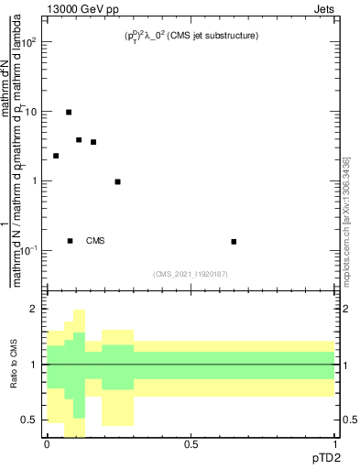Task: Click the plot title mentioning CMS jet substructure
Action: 192,36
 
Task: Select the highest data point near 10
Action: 69,112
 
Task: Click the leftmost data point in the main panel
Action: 56,156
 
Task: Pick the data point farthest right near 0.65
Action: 234,242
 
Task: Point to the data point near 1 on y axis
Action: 117,181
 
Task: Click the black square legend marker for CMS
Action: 70,241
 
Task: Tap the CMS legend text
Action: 95,241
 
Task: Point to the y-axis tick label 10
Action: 30,112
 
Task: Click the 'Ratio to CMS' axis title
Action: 14,365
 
